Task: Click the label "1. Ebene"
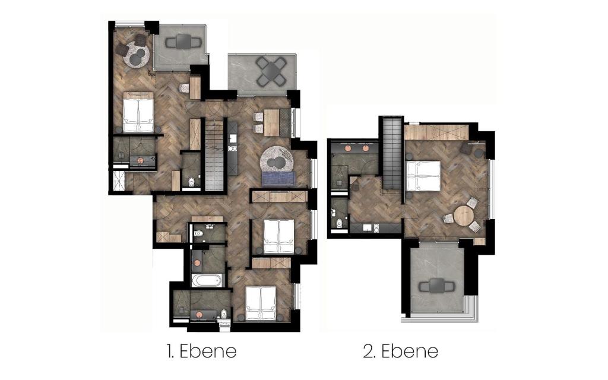(202, 351)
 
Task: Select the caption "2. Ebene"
(401, 351)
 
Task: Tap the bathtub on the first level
(207, 280)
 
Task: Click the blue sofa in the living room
(278, 178)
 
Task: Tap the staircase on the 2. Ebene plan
(392, 153)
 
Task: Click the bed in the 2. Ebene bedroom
(423, 176)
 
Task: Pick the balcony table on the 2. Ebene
(436, 286)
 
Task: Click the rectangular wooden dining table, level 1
(272, 122)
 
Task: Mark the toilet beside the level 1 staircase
(191, 182)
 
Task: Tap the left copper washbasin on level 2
(347, 148)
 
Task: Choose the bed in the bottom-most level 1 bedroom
(261, 303)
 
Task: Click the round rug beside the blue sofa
(277, 160)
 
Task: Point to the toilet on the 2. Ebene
(340, 223)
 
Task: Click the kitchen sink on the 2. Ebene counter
(368, 227)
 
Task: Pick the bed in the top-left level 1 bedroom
(138, 112)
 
